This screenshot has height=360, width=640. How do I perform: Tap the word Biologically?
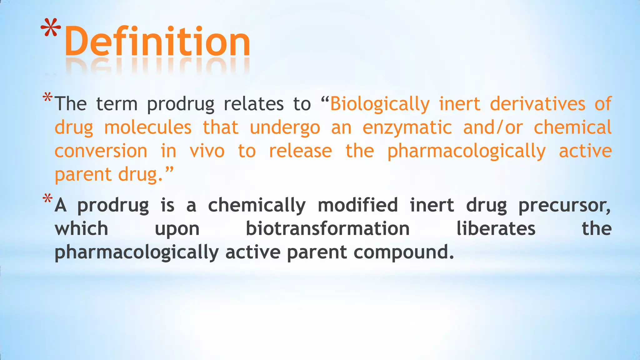pos(380,104)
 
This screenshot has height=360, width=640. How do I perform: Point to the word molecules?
pos(148,127)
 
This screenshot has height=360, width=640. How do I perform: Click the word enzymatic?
pos(407,127)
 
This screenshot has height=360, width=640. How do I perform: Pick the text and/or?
pos(493,127)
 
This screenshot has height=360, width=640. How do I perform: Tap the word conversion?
pos(101,151)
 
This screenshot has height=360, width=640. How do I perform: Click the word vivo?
pos(207,151)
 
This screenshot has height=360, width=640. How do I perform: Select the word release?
pos(300,151)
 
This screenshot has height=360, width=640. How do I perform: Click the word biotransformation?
pos(328,228)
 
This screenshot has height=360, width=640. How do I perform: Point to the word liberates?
pos(496,228)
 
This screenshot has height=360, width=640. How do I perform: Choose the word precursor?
pos(564,205)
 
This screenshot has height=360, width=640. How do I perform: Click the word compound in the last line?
pos(403,252)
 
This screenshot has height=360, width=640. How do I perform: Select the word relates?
pos(254,104)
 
